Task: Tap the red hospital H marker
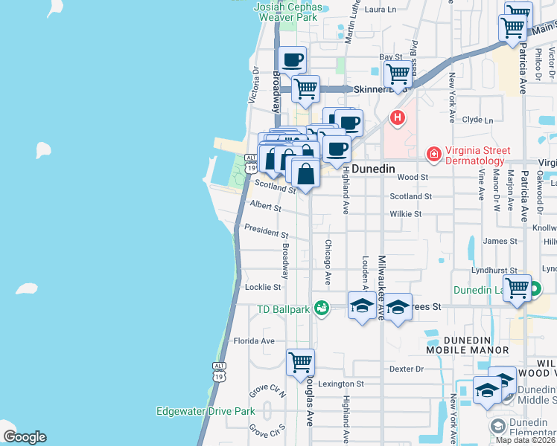398,117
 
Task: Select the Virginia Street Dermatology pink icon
433,154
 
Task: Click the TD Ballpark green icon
322,307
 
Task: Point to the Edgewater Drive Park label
206,411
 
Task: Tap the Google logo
25,437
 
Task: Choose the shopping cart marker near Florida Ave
300,362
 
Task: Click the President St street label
261,230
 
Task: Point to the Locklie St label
263,287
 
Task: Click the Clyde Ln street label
477,120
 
